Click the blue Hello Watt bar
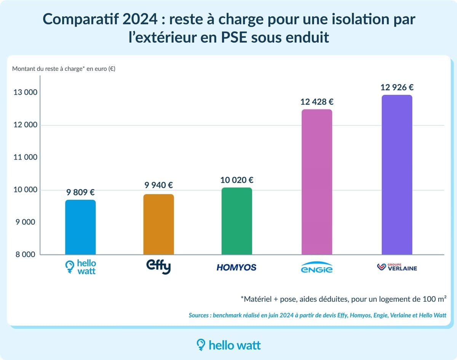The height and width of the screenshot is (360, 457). pos(80,227)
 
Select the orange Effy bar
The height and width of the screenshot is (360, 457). pos(158,224)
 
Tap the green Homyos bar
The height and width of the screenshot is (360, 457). pos(236,221)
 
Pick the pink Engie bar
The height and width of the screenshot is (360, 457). pos(317,182)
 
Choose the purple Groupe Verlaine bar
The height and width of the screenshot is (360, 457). pos(397,175)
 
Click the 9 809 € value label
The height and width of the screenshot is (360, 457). pos(80,193)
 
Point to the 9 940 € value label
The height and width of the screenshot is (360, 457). pos(158,186)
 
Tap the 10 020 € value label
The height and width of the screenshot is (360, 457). pos(236,180)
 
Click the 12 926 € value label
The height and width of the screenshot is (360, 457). pos(397,87)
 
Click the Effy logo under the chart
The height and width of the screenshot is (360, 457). pos(158,267)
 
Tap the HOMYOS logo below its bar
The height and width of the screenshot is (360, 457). pos(236,267)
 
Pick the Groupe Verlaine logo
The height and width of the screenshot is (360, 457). pos(397,267)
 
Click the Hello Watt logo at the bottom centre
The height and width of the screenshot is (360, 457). pos(228,345)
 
